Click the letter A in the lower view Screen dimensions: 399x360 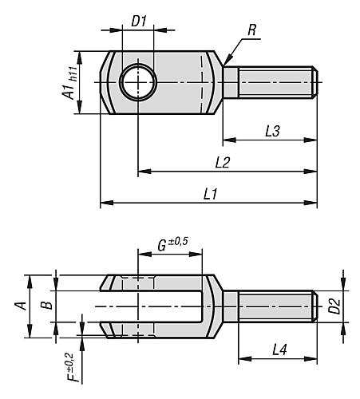pos(22,305)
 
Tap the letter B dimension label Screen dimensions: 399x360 pos(47,305)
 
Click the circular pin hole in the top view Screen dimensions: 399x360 pos(137,82)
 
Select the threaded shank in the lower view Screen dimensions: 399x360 pos(275,306)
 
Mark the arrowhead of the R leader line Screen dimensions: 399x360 pos(226,62)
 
